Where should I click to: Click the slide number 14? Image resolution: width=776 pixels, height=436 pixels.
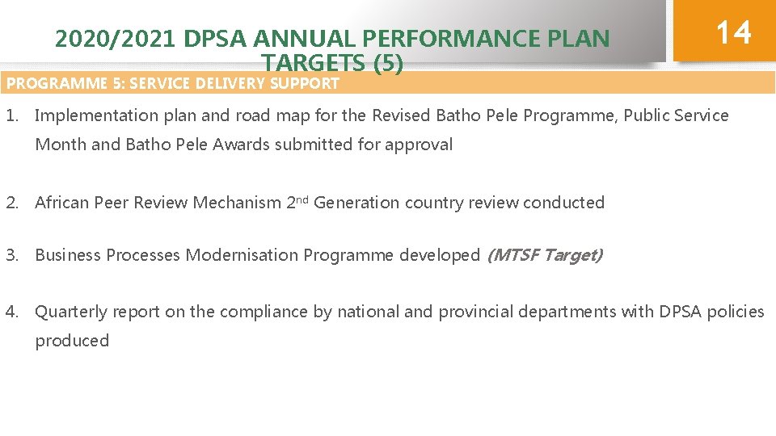point(733,32)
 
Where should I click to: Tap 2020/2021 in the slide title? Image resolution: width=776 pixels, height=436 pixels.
point(116,39)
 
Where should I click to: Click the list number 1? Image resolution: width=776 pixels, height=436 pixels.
point(11,115)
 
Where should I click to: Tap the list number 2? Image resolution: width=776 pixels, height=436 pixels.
point(12,203)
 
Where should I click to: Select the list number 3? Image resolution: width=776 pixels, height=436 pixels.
point(12,255)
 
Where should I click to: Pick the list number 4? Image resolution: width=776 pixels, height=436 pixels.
point(12,312)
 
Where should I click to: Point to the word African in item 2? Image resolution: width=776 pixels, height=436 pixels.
point(62,203)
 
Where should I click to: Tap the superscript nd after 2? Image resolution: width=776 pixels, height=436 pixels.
point(302,199)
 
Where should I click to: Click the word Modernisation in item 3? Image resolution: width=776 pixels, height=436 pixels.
point(242,255)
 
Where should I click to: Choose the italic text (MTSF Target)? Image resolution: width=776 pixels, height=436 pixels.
point(544,255)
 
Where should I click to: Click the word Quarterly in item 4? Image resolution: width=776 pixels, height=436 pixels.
point(71,312)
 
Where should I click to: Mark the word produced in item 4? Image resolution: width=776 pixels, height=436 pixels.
point(72,341)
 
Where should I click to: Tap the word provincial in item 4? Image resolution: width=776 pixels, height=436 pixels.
point(474,312)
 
